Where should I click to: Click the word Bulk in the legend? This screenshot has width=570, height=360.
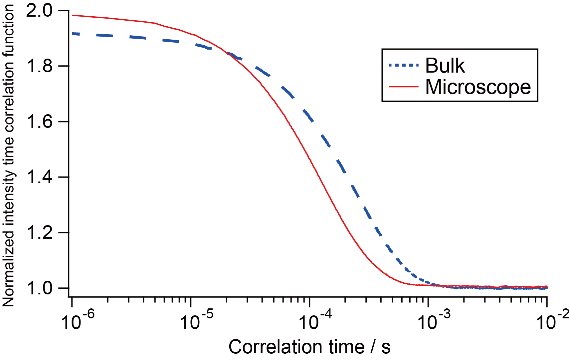coord(445,65)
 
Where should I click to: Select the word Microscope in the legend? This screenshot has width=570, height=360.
coord(478,87)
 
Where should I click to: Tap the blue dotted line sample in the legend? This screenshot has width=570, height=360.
coord(404,65)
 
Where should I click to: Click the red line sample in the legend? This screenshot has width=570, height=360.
coord(404,87)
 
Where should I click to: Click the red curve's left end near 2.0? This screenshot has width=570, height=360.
coord(73,15)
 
